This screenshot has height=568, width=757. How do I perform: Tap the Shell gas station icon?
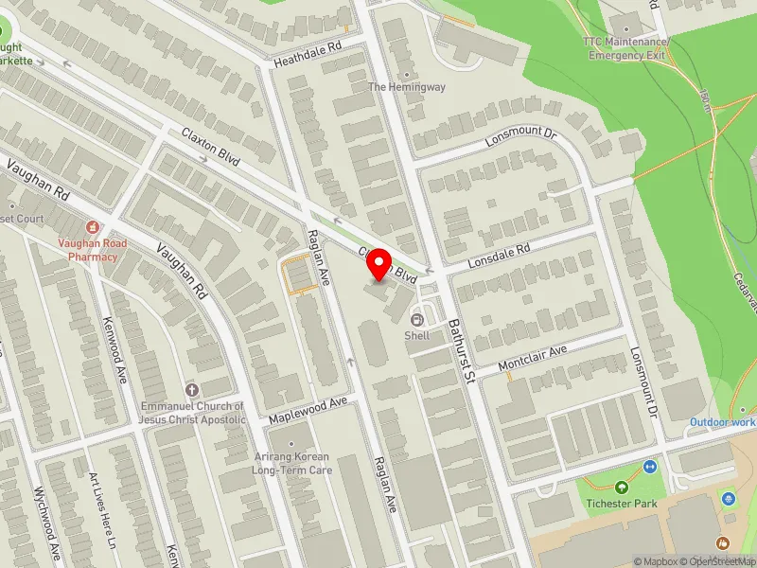tap(417, 319)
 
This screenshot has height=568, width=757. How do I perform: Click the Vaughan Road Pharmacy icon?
tap(92, 227)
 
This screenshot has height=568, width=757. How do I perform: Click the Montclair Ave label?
tap(534, 358)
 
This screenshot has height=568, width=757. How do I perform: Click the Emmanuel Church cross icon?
tap(193, 390)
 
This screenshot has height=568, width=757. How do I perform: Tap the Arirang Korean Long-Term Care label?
tap(291, 463)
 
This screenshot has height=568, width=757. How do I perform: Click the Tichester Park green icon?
tap(622, 488)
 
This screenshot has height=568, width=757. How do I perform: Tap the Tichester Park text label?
tap(621, 504)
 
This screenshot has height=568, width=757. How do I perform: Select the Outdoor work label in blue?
tap(723, 421)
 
